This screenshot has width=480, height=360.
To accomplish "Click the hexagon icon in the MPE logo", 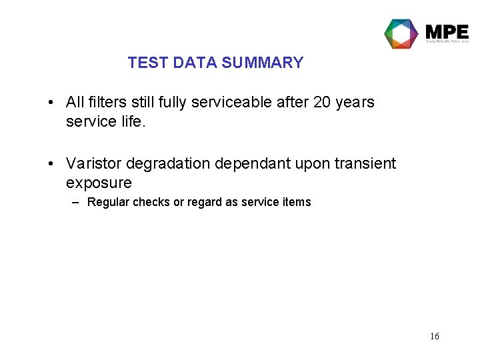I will [x=401, y=33].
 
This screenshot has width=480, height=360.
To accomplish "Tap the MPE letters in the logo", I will [x=447, y=31].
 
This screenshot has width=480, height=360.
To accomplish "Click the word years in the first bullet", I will [x=355, y=102].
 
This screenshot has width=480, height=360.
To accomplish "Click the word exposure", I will [x=99, y=183].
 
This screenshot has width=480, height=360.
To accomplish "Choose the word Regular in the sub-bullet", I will [x=108, y=202].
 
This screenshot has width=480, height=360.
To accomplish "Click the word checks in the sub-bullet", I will [x=151, y=202].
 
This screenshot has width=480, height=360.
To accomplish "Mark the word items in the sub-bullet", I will [x=297, y=202].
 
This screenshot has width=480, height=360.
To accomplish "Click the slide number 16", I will [x=434, y=336].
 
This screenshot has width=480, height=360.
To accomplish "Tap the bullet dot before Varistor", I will [x=51, y=164].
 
